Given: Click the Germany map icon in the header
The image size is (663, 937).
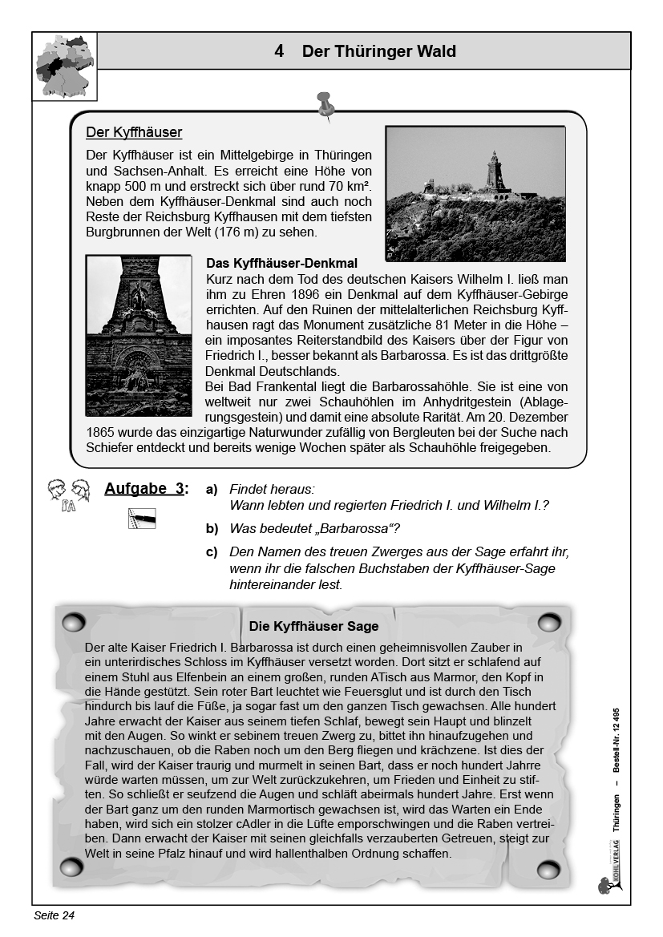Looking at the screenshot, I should [x=64, y=66].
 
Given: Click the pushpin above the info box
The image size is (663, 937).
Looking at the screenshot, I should [x=325, y=105].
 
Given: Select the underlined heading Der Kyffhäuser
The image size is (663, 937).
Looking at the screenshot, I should [x=134, y=132].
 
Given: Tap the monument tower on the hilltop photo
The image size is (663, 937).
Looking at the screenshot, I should [x=491, y=172].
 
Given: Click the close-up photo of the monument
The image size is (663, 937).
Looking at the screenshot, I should [x=139, y=336].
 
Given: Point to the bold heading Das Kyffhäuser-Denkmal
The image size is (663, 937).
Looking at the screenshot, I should [x=281, y=263].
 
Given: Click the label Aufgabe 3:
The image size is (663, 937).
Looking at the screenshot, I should [x=147, y=488].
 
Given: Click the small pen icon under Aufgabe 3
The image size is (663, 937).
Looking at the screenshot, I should [x=142, y=519].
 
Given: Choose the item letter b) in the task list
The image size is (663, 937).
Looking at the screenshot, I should [x=212, y=528].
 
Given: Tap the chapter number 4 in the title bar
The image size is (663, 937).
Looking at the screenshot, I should [x=278, y=51].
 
